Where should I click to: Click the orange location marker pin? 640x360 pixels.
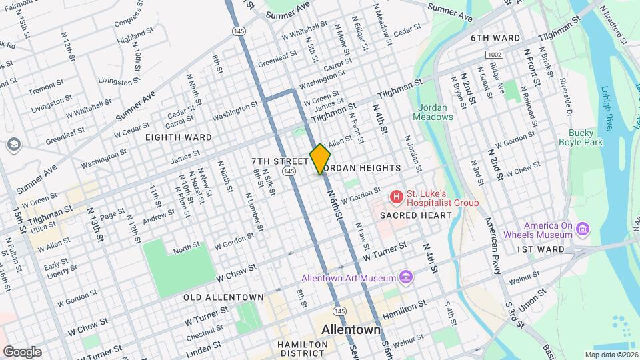[320, 159]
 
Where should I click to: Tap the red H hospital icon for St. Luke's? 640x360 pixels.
[397, 197]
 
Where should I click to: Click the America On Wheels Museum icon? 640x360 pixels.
[583, 229]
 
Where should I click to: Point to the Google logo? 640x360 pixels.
[21, 351]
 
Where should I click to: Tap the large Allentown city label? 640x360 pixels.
[351, 330]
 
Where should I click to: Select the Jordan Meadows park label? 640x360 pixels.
[435, 111]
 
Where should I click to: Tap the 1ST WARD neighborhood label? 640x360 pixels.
[540, 249]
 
